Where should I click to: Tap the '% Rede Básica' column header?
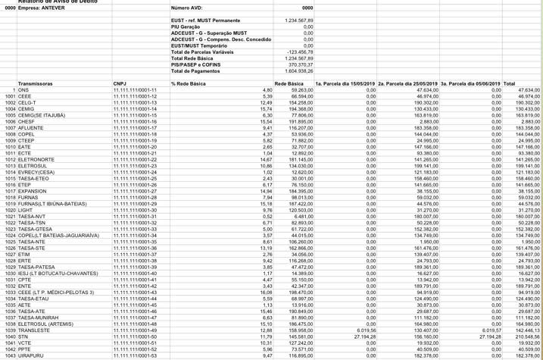coord(189,83)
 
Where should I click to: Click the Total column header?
coord(509,83)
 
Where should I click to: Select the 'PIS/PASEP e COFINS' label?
coord(196,64)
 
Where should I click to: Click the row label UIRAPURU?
coord(35,355)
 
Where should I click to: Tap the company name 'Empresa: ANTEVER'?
coord(42,9)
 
